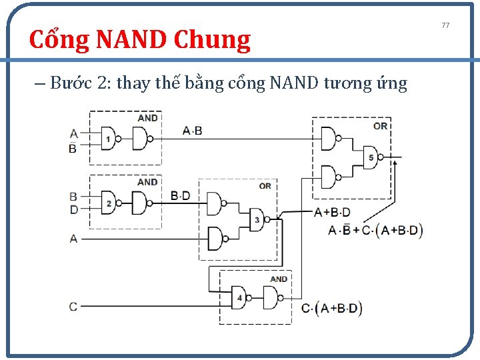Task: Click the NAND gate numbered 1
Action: [109, 139]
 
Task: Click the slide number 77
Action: [446, 25]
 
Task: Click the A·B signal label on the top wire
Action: [192, 130]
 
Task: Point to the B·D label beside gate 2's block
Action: [180, 195]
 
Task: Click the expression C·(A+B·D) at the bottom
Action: [332, 308]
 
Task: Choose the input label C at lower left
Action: [73, 307]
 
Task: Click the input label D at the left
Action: [73, 209]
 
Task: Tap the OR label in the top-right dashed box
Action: [380, 125]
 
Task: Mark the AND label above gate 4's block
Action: [279, 279]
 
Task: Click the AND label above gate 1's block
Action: [147, 118]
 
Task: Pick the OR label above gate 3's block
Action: [265, 185]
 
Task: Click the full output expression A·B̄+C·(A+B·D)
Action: [376, 231]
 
